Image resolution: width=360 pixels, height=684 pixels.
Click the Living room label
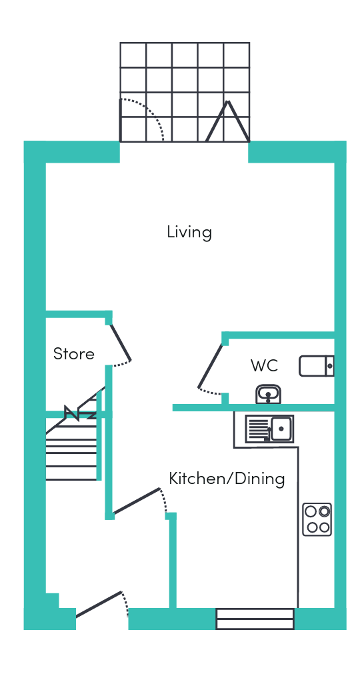[x=189, y=232]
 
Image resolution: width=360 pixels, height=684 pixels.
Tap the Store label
[x=74, y=353]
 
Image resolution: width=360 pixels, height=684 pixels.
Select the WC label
[x=264, y=365]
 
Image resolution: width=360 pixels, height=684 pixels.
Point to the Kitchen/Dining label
[x=227, y=479]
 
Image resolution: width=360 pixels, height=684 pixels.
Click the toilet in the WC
[x=317, y=366]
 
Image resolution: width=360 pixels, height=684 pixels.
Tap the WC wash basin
[x=268, y=395]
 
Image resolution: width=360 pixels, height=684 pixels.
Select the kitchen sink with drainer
[x=269, y=429]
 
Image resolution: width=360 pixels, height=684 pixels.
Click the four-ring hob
[x=317, y=519]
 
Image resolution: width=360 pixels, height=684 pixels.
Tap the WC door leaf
[x=211, y=366]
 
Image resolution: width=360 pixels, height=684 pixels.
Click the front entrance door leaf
[x=99, y=604]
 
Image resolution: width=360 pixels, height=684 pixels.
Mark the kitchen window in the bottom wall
[x=255, y=619]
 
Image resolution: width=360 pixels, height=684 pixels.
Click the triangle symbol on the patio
[x=227, y=122]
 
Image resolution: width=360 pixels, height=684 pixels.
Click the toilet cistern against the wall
[x=330, y=366]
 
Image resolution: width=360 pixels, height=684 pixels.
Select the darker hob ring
[x=324, y=511]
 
